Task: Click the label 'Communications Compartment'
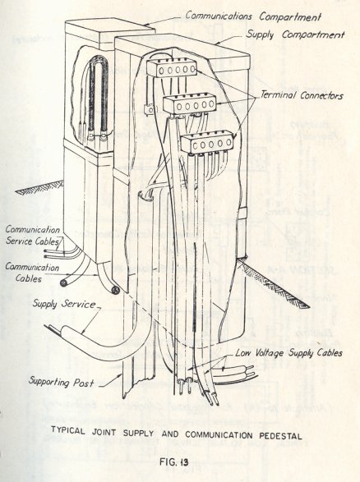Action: tap(253, 16)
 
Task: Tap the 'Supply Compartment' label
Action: tap(295, 34)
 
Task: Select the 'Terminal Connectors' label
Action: tap(302, 95)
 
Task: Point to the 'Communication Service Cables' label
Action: tap(33, 235)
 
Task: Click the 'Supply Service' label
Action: tap(64, 304)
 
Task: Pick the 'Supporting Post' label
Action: tap(61, 383)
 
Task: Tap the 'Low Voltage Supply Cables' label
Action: tap(288, 353)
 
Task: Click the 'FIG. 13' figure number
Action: tap(173, 461)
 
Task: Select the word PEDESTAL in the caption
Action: tap(280, 435)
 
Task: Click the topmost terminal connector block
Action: tap(172, 68)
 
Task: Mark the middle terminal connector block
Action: tap(190, 104)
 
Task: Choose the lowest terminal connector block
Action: tap(206, 142)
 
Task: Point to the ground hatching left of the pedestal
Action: tap(40, 188)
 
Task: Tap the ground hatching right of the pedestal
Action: tap(274, 282)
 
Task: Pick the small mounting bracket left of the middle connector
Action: tap(149, 109)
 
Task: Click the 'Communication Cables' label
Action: tap(32, 273)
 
